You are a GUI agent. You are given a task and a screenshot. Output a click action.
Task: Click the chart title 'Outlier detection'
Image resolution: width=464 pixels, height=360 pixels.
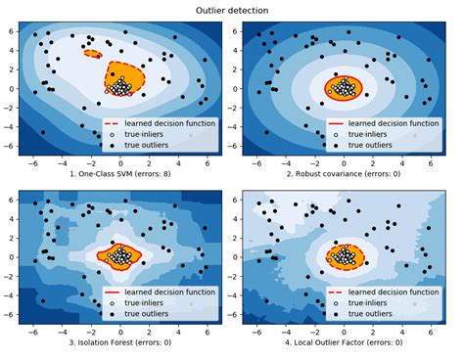tap(232, 11)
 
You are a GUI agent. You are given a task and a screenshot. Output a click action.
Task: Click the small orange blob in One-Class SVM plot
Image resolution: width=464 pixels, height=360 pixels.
tap(94, 54)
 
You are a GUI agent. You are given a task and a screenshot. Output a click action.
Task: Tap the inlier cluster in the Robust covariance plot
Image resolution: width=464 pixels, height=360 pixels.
tap(343, 89)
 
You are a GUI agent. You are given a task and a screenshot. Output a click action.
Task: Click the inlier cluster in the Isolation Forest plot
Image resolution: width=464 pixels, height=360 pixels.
tap(119, 258)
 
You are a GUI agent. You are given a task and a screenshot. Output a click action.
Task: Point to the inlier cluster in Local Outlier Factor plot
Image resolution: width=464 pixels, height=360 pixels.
tap(343, 258)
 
